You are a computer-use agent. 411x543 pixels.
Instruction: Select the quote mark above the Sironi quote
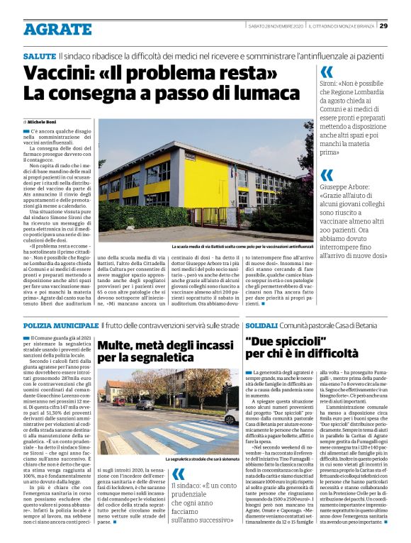(327, 72)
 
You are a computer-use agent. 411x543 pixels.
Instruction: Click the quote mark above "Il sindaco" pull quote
(179, 474)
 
